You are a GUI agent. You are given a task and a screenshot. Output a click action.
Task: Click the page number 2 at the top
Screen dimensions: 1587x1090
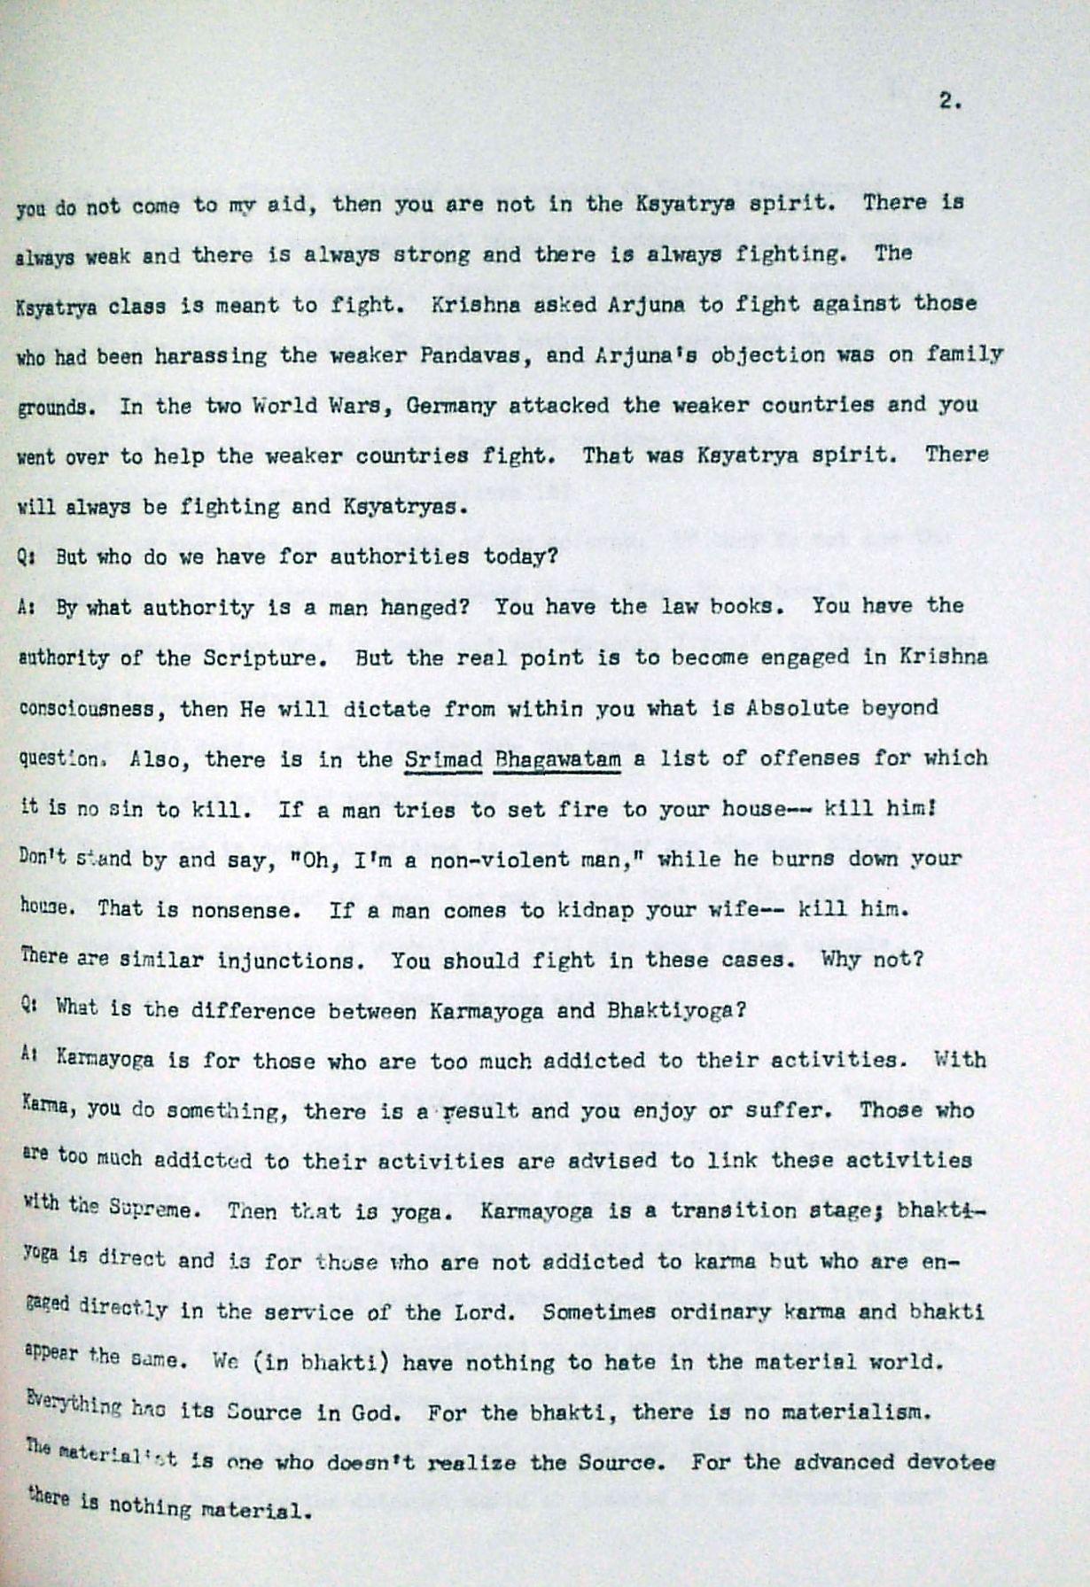click(x=948, y=101)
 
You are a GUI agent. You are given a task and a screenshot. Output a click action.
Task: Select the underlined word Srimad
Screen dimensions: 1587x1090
click(x=442, y=759)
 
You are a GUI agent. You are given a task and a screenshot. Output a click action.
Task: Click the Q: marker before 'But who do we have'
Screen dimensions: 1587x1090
click(x=25, y=557)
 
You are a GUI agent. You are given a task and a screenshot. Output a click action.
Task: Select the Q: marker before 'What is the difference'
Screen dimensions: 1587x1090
click(x=25, y=1007)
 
